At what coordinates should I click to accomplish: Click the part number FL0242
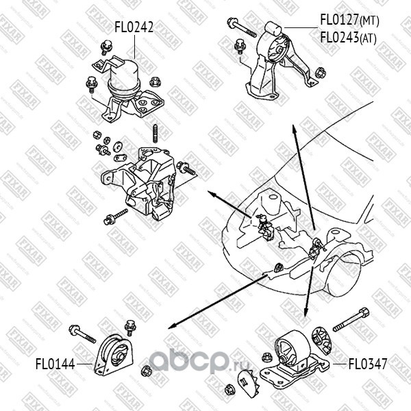pyautogui.click(x=134, y=28)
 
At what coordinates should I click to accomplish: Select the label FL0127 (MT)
pyautogui.click(x=349, y=21)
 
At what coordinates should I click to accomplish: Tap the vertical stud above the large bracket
pyautogui.click(x=156, y=132)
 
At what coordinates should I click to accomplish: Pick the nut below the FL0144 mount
pyautogui.click(x=145, y=372)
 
